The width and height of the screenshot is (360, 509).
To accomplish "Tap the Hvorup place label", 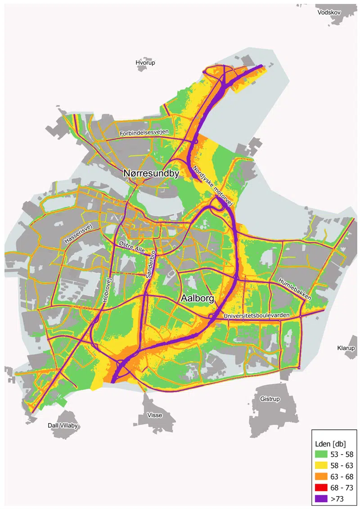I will (x=145, y=63).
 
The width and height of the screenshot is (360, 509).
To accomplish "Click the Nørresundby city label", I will (x=152, y=173).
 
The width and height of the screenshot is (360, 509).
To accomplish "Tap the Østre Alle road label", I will (x=132, y=248).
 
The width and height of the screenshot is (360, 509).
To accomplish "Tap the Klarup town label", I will (x=346, y=348).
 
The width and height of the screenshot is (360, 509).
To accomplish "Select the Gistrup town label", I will (x=270, y=399).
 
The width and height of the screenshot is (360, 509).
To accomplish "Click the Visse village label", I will (x=155, y=415).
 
